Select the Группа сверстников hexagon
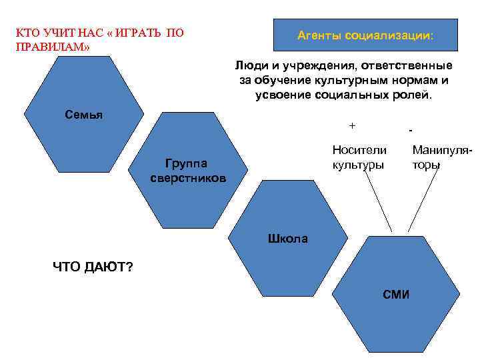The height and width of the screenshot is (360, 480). coord(187,170)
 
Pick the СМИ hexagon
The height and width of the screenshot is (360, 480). coord(395,294)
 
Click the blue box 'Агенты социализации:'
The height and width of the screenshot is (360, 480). coord(365,34)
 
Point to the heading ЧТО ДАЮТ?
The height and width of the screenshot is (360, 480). coord(93,267)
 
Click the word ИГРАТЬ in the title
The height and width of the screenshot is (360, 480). coord(135,33)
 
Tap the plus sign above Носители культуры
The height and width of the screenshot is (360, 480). coord(352,126)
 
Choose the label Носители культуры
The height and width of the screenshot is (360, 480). coord(359,157)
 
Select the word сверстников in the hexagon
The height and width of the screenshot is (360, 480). coord(187,178)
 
